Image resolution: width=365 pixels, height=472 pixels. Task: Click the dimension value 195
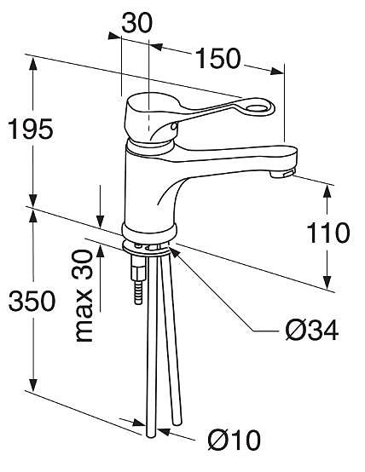31,130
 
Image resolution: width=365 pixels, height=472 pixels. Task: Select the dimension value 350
31,300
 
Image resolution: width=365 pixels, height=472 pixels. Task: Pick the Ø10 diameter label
234,440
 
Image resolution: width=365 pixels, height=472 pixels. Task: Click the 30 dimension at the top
136,23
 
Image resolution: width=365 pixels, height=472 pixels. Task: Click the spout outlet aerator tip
283,173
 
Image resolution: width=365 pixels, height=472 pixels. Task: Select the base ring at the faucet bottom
150,231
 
